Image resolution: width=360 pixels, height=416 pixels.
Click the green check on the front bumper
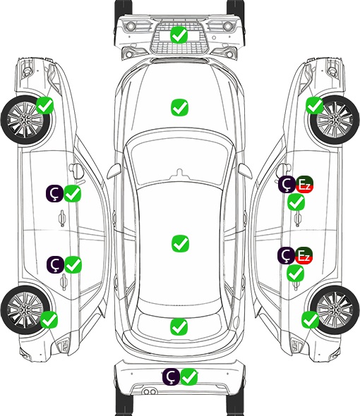coord(179,35)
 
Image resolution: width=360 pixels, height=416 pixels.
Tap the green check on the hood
coord(179,107)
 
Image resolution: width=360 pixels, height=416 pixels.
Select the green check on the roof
coord(180,243)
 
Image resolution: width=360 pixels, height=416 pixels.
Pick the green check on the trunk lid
coord(179,327)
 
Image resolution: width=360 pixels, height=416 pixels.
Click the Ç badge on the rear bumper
coord(172,377)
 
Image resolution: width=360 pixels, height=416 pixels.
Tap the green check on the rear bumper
coord(189,377)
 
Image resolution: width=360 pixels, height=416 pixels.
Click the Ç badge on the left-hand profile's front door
coord(55,193)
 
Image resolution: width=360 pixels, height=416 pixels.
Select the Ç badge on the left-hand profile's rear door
coord(55,264)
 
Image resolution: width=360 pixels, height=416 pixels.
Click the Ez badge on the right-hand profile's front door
coord(304,185)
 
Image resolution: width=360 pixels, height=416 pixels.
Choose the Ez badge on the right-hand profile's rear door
coord(304,255)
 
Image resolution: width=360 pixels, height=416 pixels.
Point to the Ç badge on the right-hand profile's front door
coord(287,185)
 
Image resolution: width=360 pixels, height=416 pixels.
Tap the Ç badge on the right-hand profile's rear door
coord(286,255)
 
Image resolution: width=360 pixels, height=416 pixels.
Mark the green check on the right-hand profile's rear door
coord(296,274)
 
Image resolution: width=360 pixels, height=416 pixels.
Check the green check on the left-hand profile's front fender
coord(45,105)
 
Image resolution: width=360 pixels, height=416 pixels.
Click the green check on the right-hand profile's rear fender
coord(311,319)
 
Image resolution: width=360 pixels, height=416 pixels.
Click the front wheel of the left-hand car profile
coord(26,120)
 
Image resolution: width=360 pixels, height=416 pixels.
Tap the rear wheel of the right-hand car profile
coord(335,310)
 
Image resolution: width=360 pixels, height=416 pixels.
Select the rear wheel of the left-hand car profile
coord(25,310)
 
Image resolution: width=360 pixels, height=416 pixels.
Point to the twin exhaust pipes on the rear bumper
coord(150,391)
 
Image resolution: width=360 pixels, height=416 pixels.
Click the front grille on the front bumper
coord(179,37)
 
